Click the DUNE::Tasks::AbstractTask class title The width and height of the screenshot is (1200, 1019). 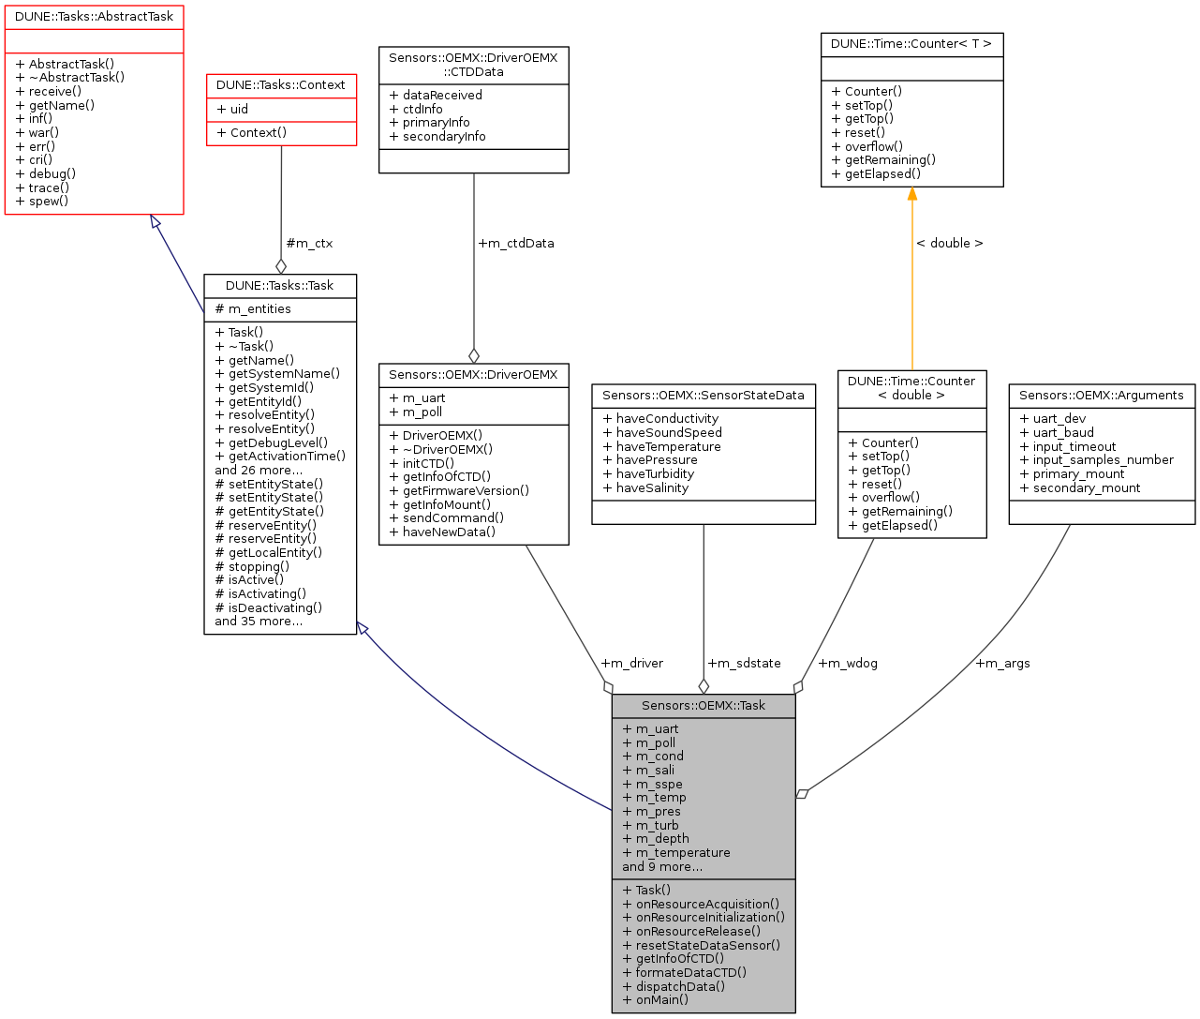pyautogui.click(x=94, y=17)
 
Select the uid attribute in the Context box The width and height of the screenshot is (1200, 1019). pyautogui.click(x=239, y=110)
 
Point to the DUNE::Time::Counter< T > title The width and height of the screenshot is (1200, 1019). pyautogui.click(x=911, y=44)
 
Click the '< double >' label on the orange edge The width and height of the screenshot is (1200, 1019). pyautogui.click(x=950, y=244)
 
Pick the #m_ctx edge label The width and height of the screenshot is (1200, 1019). pyautogui.click(x=309, y=244)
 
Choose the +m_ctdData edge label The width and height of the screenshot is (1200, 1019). pyautogui.click(x=516, y=244)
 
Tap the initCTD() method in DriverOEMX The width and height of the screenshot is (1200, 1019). pyautogui.click(x=428, y=463)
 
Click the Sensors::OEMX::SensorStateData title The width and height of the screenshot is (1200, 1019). pyautogui.click(x=703, y=396)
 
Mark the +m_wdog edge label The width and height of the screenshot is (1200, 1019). pyautogui.click(x=848, y=664)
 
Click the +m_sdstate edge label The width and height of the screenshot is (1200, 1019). pyautogui.click(x=745, y=664)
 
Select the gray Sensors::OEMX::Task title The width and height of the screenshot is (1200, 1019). pyautogui.click(x=703, y=706)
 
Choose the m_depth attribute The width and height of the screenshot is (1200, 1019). pyautogui.click(x=662, y=839)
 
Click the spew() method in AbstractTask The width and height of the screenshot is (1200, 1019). pyautogui.click(x=49, y=202)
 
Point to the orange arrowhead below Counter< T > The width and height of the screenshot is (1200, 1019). pyautogui.click(x=911, y=194)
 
